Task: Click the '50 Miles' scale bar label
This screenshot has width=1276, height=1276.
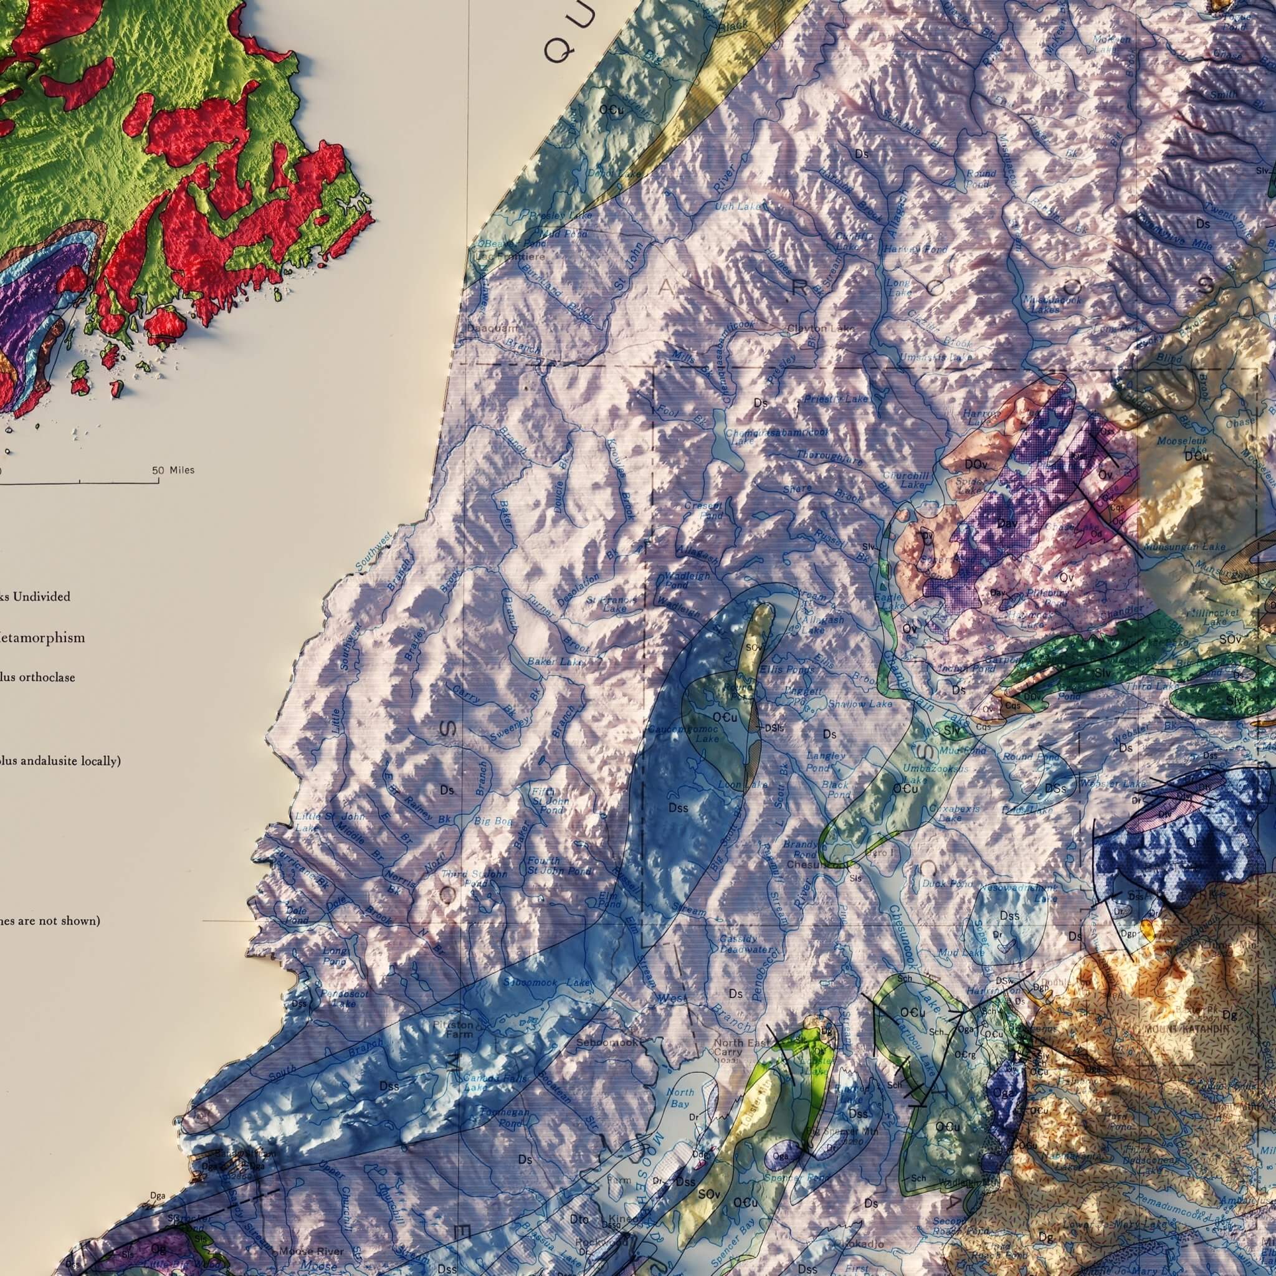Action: point(173,470)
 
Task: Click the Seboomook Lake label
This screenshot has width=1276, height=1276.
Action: point(546,983)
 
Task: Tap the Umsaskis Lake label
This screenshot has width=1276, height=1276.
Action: point(936,357)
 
